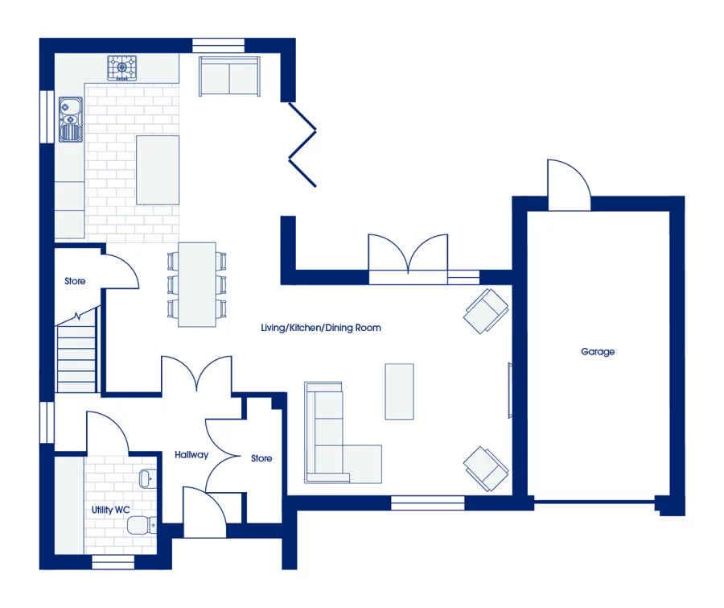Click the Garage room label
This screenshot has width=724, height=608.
pos(598,352)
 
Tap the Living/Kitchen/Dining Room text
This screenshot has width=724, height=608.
pos(321,328)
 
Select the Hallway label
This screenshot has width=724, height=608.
pos(191,455)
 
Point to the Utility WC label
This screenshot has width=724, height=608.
pos(111,510)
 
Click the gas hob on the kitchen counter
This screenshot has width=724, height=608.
pos(122,67)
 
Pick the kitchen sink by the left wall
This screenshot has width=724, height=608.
pos(70,118)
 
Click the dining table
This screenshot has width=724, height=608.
pos(196,284)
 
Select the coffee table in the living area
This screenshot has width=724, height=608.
pos(399,391)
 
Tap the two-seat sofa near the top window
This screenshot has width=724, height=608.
pos(230,77)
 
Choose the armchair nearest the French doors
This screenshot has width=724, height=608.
pos(486,310)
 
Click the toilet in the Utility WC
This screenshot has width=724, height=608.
pos(142,526)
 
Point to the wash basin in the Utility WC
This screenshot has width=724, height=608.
pos(145,480)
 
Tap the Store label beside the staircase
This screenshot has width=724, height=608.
pos(75,281)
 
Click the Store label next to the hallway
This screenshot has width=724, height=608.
pos(261,458)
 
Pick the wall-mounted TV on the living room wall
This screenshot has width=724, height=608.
pos(509,391)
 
